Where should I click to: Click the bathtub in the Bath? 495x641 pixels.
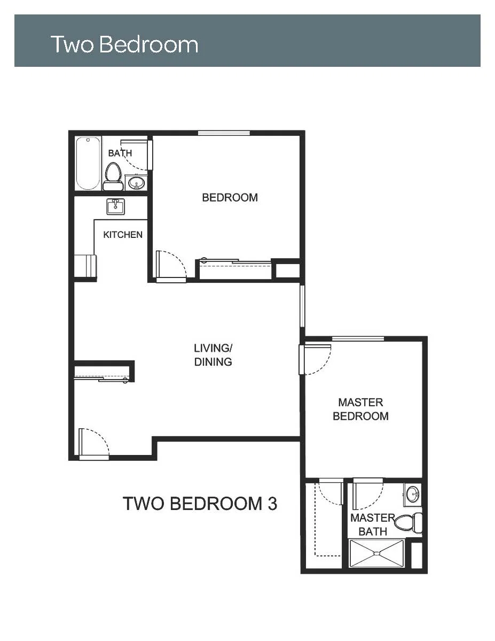coord(88,164)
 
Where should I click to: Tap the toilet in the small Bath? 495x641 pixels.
coord(113,176)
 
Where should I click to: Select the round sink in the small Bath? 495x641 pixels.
coord(136,183)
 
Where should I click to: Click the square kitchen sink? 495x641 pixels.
coord(115,206)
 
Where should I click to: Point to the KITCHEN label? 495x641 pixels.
coord(123,235)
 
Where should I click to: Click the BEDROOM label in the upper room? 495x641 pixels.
coord(230,197)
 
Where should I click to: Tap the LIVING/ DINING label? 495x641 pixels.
coord(213,355)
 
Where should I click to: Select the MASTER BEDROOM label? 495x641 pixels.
coord(360,409)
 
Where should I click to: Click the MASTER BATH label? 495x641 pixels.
coord(372,524)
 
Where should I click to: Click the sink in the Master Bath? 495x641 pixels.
coord(413,494)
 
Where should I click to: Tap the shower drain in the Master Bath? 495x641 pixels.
coord(376,553)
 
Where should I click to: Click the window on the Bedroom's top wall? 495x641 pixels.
coord(224,133)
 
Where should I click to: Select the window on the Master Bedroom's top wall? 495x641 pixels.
coord(358,338)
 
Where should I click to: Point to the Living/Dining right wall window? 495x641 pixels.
coord(302,306)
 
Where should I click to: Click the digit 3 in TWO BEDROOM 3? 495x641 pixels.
coord(272,504)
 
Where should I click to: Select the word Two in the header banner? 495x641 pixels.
coord(73,44)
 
